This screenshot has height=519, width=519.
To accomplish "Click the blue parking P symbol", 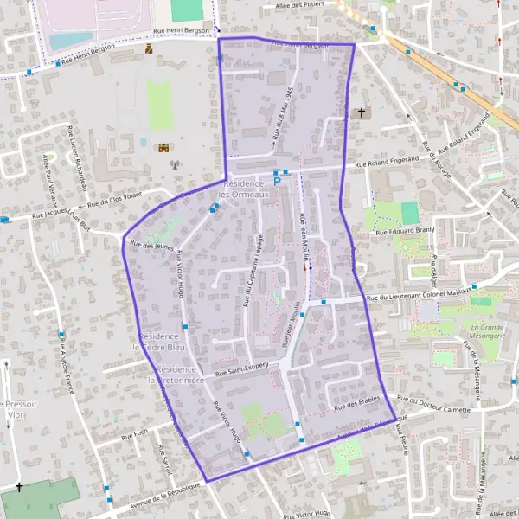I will tap(277, 182).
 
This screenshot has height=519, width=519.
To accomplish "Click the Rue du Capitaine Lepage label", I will tap(253, 271).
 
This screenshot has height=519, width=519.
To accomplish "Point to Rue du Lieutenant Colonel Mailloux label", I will tap(417, 296).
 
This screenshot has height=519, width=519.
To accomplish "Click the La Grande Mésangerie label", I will tap(488, 332).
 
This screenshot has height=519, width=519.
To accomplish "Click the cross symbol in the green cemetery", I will tap(19, 488).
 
